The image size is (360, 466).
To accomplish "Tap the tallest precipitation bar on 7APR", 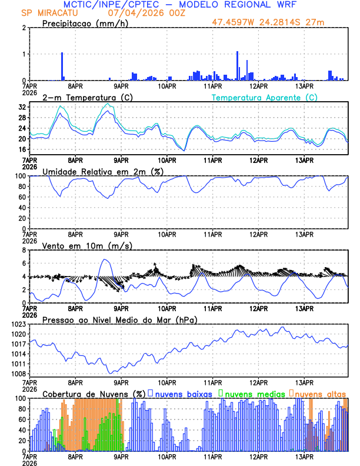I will point(62,66).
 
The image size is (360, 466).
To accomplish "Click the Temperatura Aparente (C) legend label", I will point(264,97).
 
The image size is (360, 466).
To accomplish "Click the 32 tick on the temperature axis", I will point(22,108).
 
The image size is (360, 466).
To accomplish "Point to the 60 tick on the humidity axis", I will point(22,197).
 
